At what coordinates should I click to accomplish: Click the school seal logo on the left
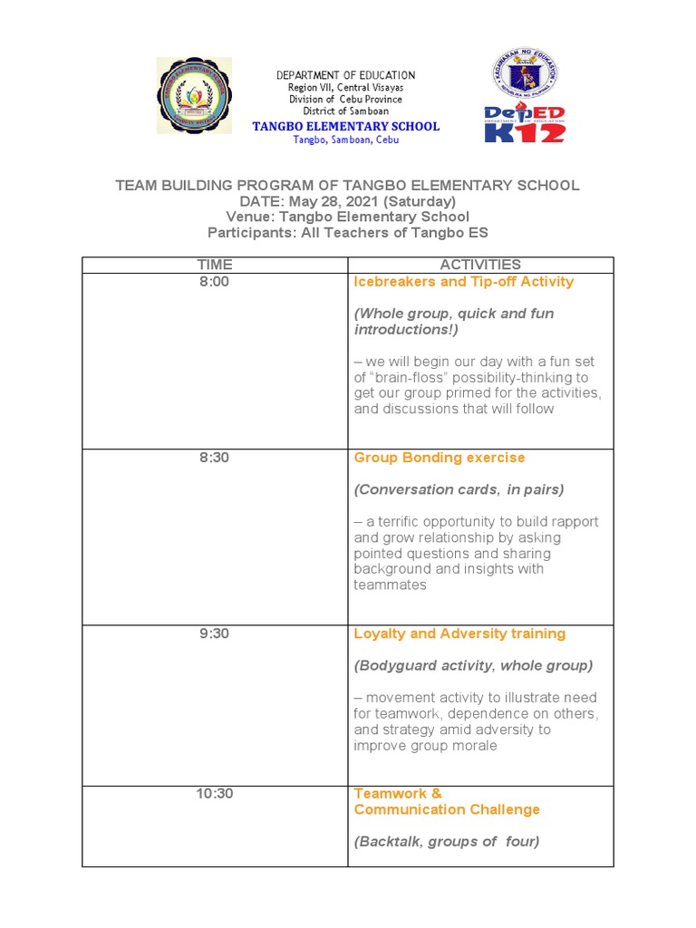click(x=194, y=96)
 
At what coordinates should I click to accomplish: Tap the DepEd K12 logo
click(x=525, y=124)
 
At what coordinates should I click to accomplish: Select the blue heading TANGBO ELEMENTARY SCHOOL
click(x=345, y=127)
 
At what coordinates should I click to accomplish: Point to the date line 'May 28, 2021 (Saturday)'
click(x=347, y=201)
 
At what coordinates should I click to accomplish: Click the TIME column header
click(x=215, y=265)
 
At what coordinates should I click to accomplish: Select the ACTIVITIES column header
click(x=480, y=265)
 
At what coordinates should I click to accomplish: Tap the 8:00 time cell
click(x=215, y=282)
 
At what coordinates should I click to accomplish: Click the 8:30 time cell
click(x=215, y=458)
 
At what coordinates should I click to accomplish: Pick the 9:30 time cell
click(x=215, y=633)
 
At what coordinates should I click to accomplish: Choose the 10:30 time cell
click(x=215, y=794)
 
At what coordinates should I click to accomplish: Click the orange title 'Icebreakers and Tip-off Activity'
click(x=463, y=282)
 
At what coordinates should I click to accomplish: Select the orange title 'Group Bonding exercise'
click(x=439, y=458)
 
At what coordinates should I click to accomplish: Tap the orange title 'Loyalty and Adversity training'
click(x=459, y=633)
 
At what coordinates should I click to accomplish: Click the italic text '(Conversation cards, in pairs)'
click(x=459, y=489)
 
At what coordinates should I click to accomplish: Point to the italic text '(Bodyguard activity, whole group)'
click(x=473, y=665)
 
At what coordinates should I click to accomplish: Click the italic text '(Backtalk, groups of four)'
click(x=446, y=841)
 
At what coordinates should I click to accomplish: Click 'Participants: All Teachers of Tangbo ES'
click(x=347, y=233)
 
